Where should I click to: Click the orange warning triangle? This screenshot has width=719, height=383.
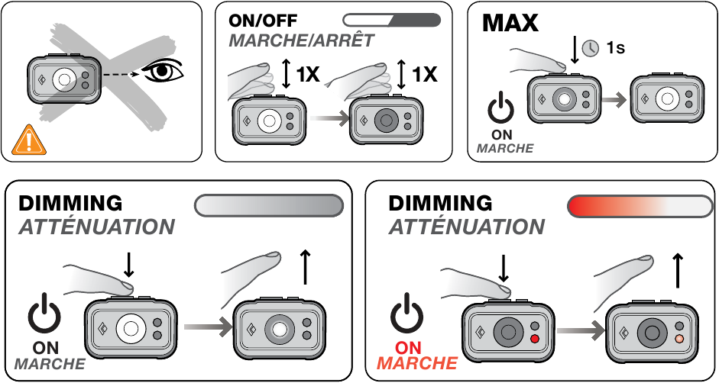pyautogui.click(x=29, y=140)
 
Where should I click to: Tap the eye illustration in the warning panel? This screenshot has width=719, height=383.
pyautogui.click(x=162, y=72)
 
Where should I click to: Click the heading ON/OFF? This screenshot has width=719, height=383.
pyautogui.click(x=263, y=21)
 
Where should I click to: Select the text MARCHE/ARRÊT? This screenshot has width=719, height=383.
pyautogui.click(x=301, y=40)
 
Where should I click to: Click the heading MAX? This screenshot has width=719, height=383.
pyautogui.click(x=510, y=22)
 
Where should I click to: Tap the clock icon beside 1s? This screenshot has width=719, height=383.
pyautogui.click(x=590, y=47)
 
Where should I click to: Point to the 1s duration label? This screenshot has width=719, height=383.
pyautogui.click(x=615, y=47)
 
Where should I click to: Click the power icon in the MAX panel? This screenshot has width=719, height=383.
pyautogui.click(x=500, y=108)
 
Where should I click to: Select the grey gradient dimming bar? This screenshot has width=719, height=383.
pyautogui.click(x=269, y=205)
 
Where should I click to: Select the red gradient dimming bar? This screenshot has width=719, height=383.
pyautogui.click(x=640, y=206)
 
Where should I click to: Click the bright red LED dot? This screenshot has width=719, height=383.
pyautogui.click(x=534, y=339)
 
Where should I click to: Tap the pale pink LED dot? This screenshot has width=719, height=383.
pyautogui.click(x=679, y=339)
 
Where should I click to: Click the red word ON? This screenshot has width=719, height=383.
pyautogui.click(x=408, y=348)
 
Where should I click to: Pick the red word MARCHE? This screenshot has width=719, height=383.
pyautogui.click(x=417, y=363)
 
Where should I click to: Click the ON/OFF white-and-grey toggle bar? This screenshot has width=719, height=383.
pyautogui.click(x=392, y=20)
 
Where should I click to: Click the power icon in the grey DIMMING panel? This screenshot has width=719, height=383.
pyautogui.click(x=44, y=315)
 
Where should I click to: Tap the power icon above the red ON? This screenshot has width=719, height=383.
pyautogui.click(x=406, y=315)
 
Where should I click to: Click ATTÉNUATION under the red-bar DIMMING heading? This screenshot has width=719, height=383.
pyautogui.click(x=467, y=227)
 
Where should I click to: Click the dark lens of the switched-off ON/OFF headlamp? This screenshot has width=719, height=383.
pyautogui.click(x=386, y=121)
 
